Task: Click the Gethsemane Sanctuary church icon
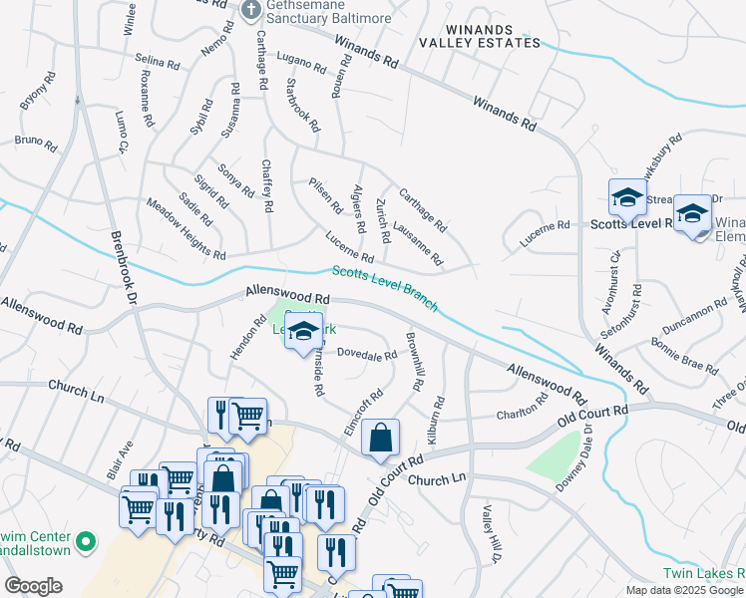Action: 251,9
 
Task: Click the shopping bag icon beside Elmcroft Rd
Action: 381,438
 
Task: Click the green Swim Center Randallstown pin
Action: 86,543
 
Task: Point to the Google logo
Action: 33,586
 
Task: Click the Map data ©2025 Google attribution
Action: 684,590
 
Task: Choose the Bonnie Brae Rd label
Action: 683,354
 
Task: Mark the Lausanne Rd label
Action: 418,243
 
